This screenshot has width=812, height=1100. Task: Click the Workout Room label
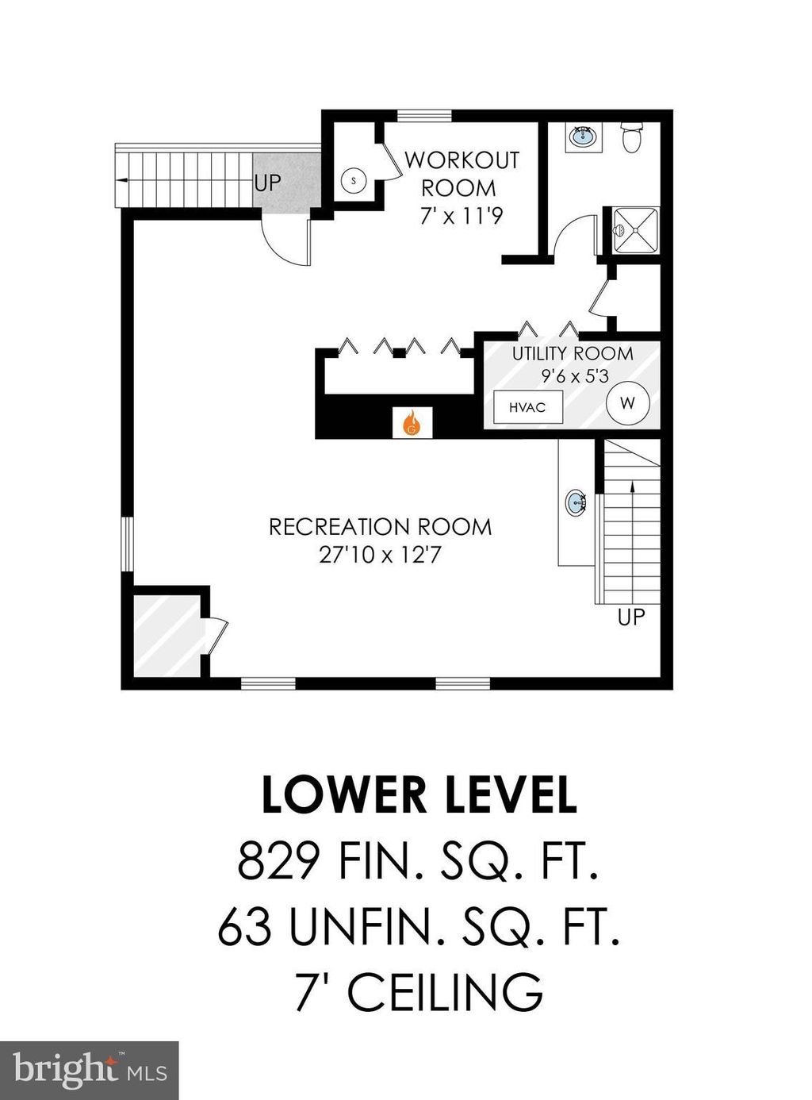[462, 174]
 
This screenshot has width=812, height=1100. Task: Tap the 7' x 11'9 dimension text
[459, 216]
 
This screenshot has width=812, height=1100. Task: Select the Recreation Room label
[380, 527]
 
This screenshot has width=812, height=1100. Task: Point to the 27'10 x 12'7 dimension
[380, 556]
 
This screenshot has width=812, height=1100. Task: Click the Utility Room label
[573, 354]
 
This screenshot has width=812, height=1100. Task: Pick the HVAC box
[528, 406]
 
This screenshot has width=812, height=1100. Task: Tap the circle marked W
[627, 403]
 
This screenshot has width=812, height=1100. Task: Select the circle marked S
[354, 180]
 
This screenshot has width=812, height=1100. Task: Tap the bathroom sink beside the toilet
[583, 135]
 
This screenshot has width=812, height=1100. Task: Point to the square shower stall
[635, 231]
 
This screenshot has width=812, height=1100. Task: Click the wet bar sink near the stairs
[576, 501]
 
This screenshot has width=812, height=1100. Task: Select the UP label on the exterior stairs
[268, 183]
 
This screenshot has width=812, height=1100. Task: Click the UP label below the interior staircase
[631, 617]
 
